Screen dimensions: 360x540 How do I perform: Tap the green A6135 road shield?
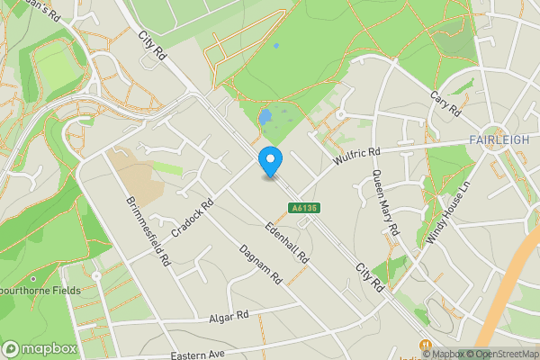click(303, 208)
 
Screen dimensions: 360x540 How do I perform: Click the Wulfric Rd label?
click(357, 157)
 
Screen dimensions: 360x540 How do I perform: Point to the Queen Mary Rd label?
click(384, 203)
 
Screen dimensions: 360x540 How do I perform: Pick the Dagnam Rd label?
click(261, 265)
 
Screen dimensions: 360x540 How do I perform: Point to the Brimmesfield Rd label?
click(148, 230)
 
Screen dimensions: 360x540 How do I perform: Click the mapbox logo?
click(40, 348)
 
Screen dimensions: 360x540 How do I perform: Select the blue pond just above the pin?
click(265, 118)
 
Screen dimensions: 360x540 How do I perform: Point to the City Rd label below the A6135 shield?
click(370, 276)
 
